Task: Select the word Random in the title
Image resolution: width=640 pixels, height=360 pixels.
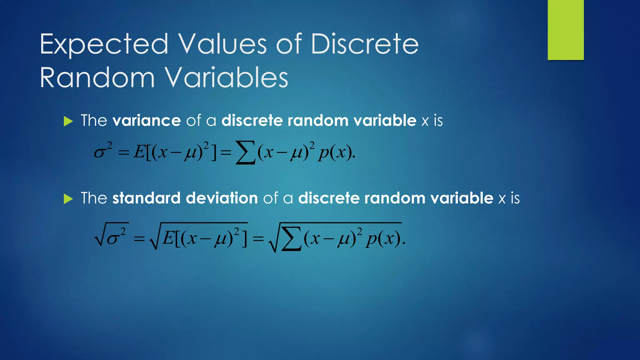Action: point(97,78)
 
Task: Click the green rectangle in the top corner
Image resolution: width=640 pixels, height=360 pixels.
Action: point(566,30)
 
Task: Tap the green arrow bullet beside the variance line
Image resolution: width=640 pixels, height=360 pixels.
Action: point(68,121)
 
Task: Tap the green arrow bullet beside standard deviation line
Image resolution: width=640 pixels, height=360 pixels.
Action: point(68,199)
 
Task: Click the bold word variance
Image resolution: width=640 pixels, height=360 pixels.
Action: point(146,121)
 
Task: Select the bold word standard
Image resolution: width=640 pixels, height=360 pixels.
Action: point(146,198)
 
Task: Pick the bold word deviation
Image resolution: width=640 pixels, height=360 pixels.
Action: point(222,198)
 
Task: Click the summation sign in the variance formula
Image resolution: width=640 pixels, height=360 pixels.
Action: point(245,152)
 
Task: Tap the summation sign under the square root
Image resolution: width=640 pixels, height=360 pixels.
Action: point(291,240)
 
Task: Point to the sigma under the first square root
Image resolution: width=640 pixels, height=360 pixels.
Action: point(113,239)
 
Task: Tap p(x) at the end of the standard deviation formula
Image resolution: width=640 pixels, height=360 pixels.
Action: point(384,240)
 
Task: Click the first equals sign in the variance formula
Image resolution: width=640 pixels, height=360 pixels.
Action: point(124,153)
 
